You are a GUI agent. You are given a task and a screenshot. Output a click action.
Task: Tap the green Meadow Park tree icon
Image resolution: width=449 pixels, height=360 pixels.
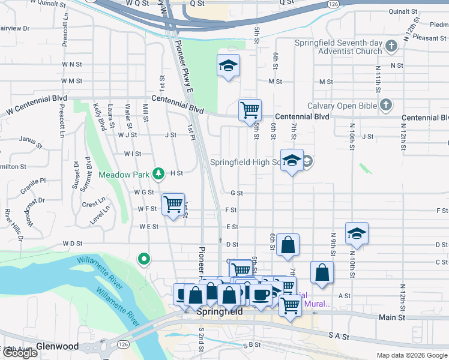[158, 174]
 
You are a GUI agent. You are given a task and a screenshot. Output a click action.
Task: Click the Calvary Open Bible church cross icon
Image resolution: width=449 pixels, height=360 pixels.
[386, 106]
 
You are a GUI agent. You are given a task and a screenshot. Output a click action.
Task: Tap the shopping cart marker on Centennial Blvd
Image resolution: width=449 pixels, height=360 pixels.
[250, 110]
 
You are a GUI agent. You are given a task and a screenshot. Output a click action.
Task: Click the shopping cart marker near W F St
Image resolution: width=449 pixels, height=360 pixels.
[173, 204]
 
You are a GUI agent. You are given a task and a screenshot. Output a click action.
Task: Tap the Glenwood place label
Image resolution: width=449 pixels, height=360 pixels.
[57, 346]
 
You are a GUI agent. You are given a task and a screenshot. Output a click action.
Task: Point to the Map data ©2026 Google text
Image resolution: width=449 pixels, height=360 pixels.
[411, 355]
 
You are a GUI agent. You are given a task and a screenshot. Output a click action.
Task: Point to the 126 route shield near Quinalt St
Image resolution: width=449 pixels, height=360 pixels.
[333, 4]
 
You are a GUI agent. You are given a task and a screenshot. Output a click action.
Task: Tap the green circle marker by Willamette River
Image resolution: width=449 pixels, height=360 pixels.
[144, 259]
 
